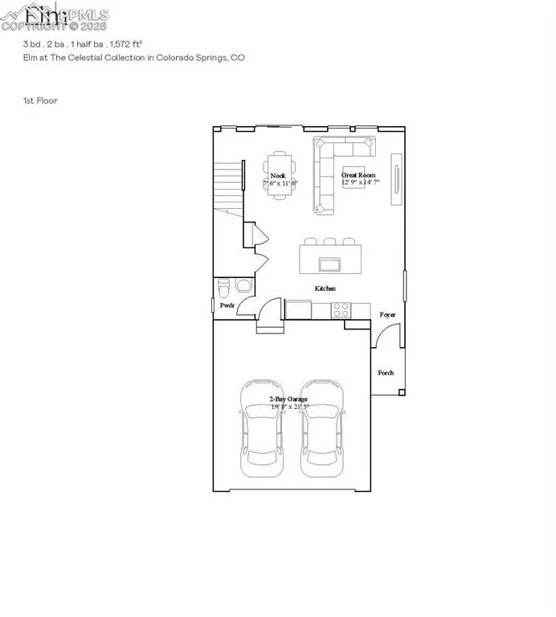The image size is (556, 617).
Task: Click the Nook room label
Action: [278, 175]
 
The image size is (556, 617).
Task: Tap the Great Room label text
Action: [358, 175]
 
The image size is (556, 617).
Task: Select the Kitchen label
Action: [325, 288]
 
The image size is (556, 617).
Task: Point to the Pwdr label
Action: [227, 305]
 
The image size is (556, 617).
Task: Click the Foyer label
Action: [389, 315]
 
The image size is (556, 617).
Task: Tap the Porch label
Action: [386, 373]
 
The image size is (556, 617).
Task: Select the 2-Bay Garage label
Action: [289, 398]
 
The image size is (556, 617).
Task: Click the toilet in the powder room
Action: [224, 287]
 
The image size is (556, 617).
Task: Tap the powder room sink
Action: [242, 286]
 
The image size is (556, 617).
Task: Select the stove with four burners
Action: [341, 307]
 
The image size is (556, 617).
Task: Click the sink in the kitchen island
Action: [328, 264]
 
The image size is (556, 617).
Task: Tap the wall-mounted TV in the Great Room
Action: [395, 178]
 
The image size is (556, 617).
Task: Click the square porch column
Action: [403, 392]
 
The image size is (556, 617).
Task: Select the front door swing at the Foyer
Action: [380, 337]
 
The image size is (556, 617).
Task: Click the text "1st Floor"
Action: [40, 100]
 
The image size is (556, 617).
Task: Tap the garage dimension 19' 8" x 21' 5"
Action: [289, 407]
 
